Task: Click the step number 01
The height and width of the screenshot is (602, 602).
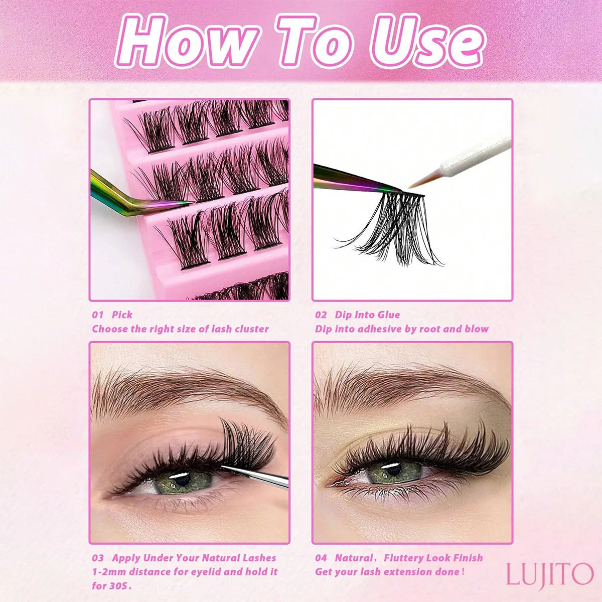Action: (x=98, y=315)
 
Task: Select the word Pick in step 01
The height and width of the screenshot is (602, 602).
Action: (x=122, y=315)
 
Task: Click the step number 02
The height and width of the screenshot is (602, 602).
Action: (x=321, y=315)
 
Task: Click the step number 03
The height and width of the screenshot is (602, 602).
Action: (x=98, y=558)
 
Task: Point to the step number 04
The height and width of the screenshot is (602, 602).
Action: (x=321, y=558)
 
